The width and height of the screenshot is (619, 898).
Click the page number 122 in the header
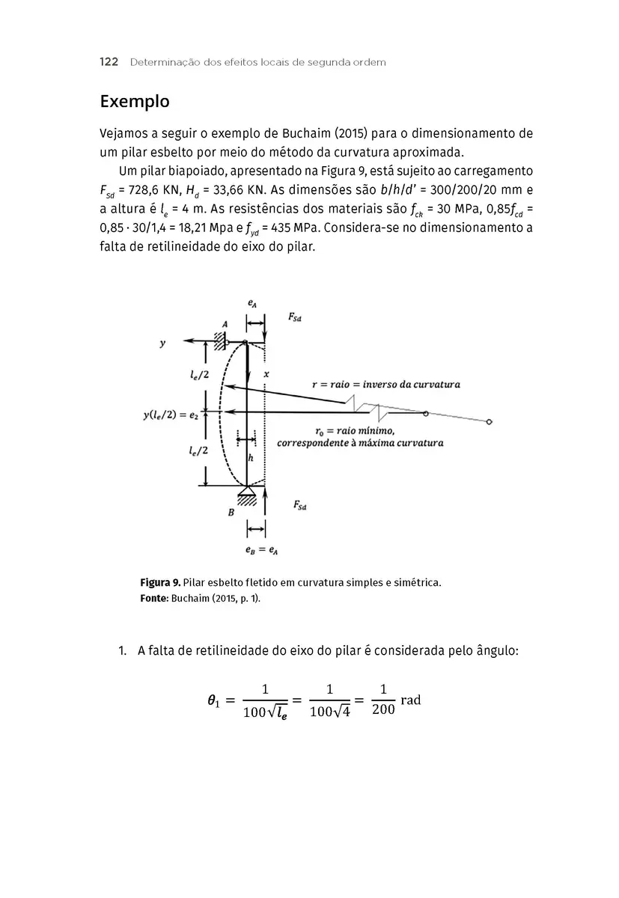109,62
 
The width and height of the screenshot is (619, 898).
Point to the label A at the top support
224,323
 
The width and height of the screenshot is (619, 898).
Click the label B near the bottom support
231,513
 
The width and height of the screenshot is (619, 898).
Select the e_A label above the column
254,305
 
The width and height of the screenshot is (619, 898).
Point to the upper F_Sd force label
295,317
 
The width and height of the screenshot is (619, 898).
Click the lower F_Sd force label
300,507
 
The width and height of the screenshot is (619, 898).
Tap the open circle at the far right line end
489,422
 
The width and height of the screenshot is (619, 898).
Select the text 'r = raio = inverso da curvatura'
385,385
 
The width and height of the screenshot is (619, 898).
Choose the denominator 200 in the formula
382,710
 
